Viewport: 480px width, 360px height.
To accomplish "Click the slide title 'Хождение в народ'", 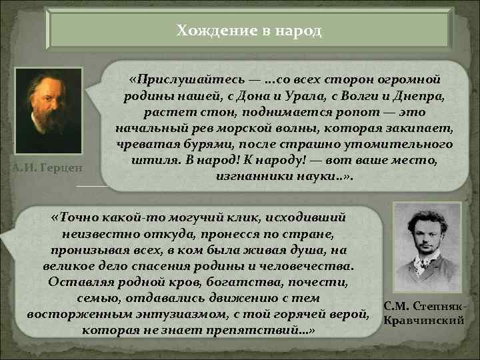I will tap(249, 31).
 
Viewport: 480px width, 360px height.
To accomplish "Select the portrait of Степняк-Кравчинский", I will tap(426, 247).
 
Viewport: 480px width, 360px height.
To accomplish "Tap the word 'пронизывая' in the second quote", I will tap(85, 249).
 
